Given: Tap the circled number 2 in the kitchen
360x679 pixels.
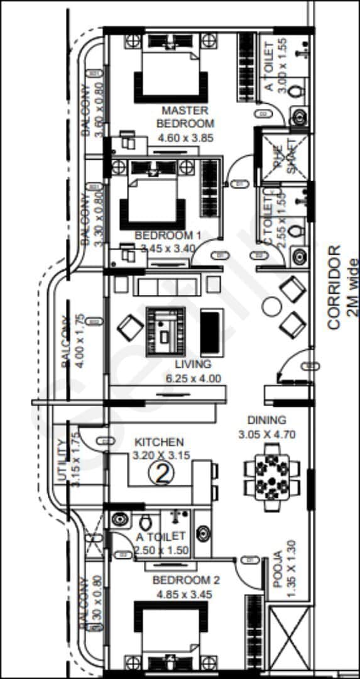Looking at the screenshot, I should [x=161, y=473].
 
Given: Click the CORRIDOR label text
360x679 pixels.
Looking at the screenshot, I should [x=334, y=287].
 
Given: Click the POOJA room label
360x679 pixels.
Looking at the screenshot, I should [x=278, y=570].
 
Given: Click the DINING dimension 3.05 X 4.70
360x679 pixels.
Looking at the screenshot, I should [x=266, y=434].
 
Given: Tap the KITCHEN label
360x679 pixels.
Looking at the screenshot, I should [x=160, y=443].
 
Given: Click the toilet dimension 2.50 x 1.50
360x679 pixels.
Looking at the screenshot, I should [x=160, y=551].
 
